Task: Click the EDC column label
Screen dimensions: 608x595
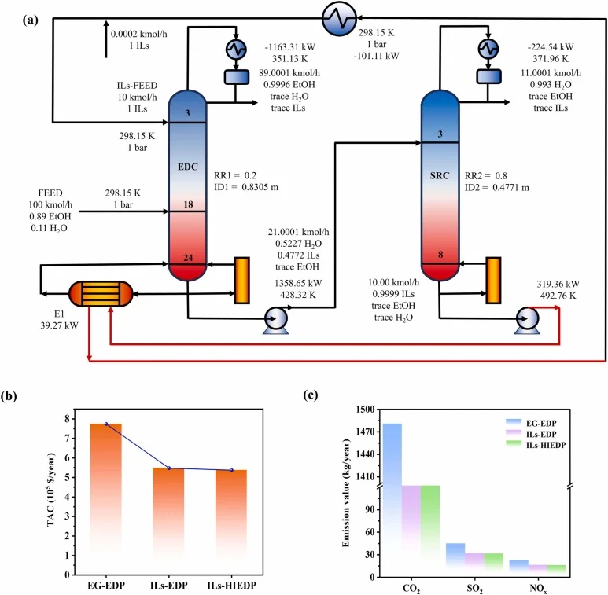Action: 188,167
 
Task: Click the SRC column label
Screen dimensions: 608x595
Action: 440,176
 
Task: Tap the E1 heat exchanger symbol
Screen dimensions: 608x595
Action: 101,294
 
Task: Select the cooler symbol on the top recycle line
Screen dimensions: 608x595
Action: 339,19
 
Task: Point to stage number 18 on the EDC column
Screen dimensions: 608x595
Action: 188,204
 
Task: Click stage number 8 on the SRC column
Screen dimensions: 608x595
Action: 440,255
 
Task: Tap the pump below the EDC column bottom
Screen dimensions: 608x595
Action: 276,320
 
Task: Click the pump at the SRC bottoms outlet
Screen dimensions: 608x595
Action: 527,320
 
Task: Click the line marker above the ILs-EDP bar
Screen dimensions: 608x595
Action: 168,468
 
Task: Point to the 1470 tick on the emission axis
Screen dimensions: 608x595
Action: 365,432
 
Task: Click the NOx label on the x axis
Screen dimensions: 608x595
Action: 538,589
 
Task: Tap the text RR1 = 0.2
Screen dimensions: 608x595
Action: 235,175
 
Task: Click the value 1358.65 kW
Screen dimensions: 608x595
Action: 298,283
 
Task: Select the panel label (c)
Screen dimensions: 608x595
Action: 311,395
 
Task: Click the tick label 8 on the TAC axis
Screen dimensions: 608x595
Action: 67,419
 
